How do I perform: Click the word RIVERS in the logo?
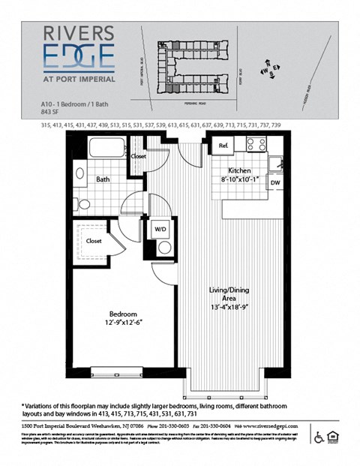pyautogui.click(x=78, y=33)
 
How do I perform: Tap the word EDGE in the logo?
pyautogui.click(x=78, y=56)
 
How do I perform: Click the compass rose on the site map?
pyautogui.click(x=268, y=70)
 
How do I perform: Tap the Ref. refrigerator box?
pyautogui.click(x=223, y=146)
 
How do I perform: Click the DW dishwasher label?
pyautogui.click(x=274, y=183)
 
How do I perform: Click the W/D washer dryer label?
pyautogui.click(x=160, y=230)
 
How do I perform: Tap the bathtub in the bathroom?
pyautogui.click(x=108, y=146)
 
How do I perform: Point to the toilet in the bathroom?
pyautogui.click(x=82, y=203)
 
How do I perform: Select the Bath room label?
pyautogui.click(x=103, y=180)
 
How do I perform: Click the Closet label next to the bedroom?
pyautogui.click(x=94, y=241)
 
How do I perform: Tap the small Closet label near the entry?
pyautogui.click(x=139, y=158)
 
